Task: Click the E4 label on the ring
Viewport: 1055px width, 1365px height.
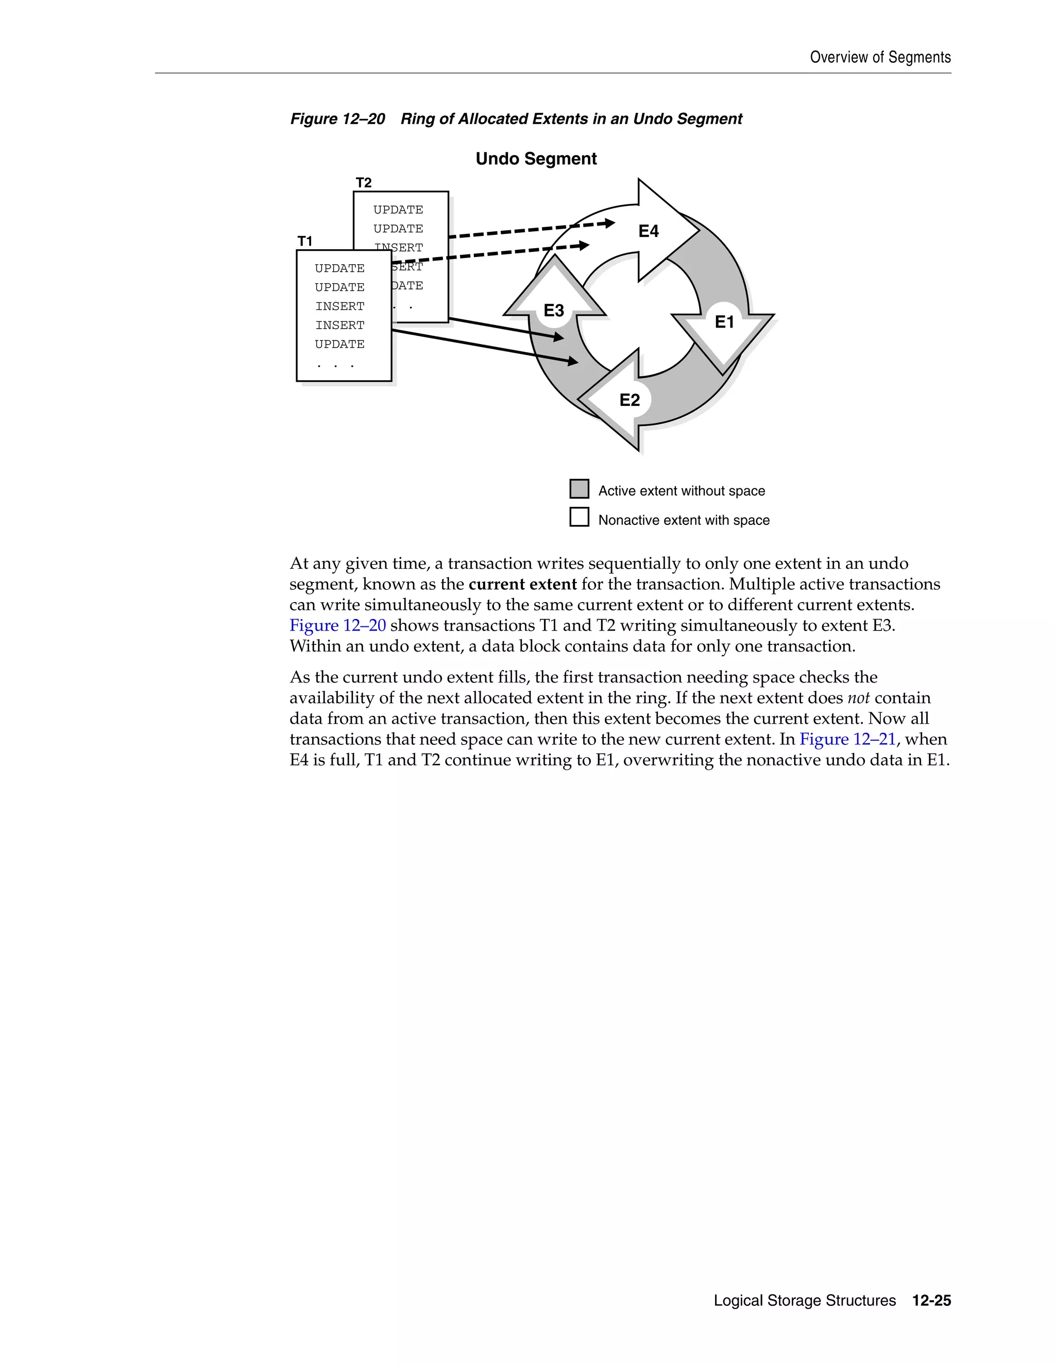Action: [648, 231]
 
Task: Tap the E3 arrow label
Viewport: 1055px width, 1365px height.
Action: [554, 311]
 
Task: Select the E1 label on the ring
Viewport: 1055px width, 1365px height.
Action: [724, 322]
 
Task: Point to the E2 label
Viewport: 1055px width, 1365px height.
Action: [629, 400]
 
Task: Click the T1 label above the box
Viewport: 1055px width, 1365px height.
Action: [305, 241]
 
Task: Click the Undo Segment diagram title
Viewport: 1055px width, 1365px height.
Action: [536, 159]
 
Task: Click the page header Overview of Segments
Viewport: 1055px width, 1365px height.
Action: [880, 58]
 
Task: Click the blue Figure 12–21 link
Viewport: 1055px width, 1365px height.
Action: [847, 739]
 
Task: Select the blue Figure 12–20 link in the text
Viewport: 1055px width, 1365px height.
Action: [337, 626]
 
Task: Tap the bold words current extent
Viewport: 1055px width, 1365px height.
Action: [522, 585]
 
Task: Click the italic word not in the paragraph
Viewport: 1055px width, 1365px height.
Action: [858, 698]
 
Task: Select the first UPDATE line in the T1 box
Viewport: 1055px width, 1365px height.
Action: [339, 268]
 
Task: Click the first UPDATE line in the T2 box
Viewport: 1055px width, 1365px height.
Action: [398, 209]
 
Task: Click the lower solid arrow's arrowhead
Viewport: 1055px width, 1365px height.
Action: [572, 361]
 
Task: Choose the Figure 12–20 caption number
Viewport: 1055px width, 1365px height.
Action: [337, 119]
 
